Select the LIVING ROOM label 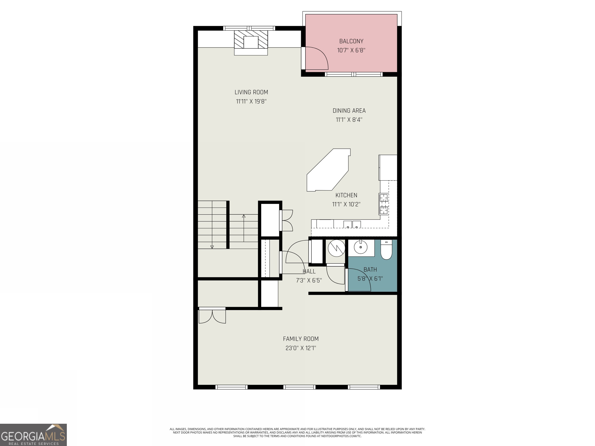251,92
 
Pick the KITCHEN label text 346,195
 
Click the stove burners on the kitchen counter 384,204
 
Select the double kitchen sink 352,224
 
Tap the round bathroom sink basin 360,247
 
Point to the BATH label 370,269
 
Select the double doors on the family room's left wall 212,316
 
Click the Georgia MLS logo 33,435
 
